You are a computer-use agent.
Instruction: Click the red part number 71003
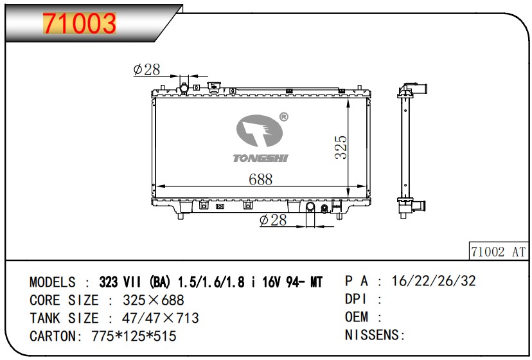click(80, 23)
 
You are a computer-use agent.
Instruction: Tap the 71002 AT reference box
click(499, 251)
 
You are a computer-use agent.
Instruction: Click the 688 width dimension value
click(261, 179)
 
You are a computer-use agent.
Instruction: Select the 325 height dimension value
click(341, 147)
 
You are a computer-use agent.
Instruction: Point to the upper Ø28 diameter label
click(146, 69)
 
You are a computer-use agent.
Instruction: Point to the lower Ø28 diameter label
click(273, 220)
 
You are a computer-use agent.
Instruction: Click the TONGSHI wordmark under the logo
click(260, 158)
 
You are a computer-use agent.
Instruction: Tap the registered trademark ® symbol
click(283, 117)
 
